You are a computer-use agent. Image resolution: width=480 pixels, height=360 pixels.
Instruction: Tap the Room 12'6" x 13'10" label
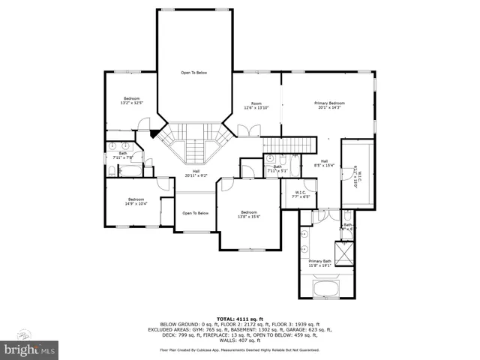pyautogui.click(x=256, y=105)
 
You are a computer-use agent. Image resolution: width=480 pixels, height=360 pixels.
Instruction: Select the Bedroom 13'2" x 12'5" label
pyautogui.click(x=131, y=100)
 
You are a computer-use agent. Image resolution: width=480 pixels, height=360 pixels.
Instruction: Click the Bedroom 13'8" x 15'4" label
pyautogui.click(x=248, y=214)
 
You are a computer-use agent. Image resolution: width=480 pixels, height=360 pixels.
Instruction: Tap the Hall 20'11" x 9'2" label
pyautogui.click(x=196, y=173)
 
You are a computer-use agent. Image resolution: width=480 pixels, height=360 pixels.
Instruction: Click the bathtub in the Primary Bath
pyautogui.click(x=328, y=289)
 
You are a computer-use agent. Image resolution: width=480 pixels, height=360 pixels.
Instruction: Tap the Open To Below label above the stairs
pyautogui.click(x=193, y=73)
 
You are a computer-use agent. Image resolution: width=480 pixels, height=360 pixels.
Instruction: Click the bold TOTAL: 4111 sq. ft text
pyautogui.click(x=239, y=317)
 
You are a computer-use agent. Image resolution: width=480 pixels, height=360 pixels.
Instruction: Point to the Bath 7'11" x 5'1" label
pyautogui.click(x=277, y=169)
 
